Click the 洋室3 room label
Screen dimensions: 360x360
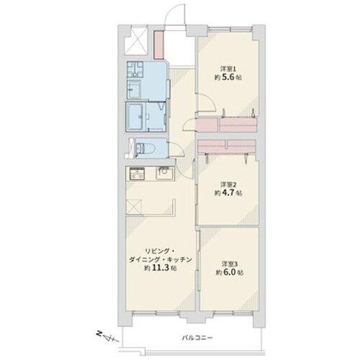tap(230, 264)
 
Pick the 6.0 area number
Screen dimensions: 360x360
tap(230, 272)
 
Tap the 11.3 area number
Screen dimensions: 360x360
tap(161, 268)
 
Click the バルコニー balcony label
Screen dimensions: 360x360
tap(197, 338)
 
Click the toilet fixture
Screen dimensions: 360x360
tap(145, 148)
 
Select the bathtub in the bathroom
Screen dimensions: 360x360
tap(135, 117)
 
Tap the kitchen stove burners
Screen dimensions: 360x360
tap(137, 174)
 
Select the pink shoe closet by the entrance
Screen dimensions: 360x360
tap(158, 45)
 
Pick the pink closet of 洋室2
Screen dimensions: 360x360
tap(227, 146)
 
